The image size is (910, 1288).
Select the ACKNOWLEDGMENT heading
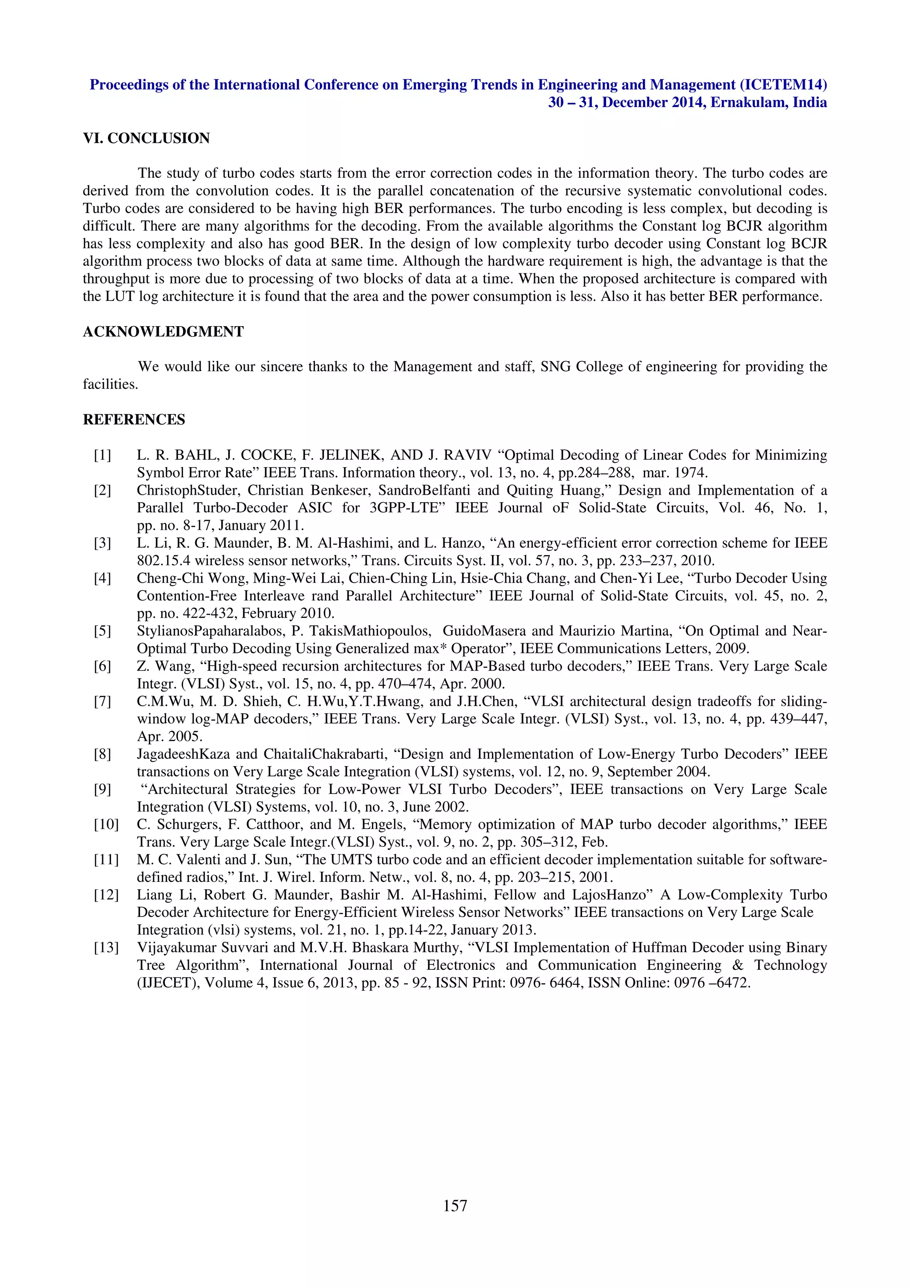163,332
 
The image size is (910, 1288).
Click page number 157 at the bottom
455,1205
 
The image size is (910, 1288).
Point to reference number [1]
102,455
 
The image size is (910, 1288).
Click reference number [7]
102,701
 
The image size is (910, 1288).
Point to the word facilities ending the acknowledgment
110,384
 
